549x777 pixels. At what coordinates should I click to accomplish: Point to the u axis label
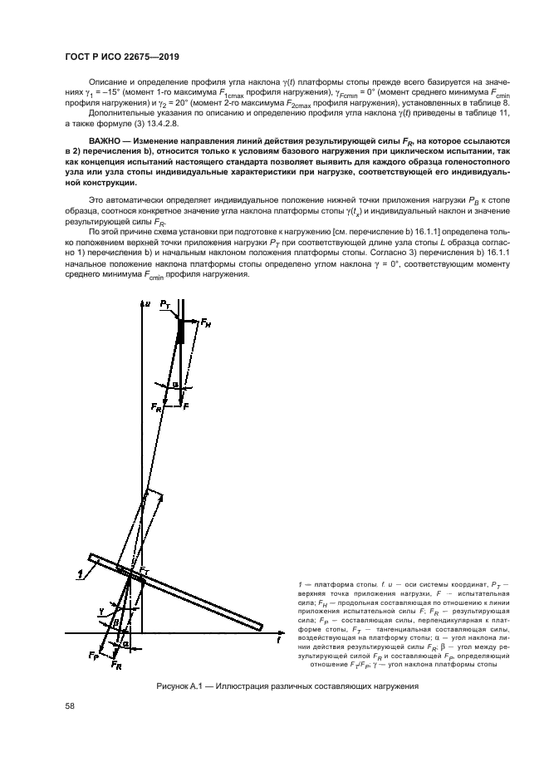point(147,306)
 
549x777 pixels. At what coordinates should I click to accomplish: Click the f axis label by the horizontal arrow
point(279,641)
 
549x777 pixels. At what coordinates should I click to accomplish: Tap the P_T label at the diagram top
point(164,306)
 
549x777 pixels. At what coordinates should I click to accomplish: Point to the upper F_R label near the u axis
point(156,408)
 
